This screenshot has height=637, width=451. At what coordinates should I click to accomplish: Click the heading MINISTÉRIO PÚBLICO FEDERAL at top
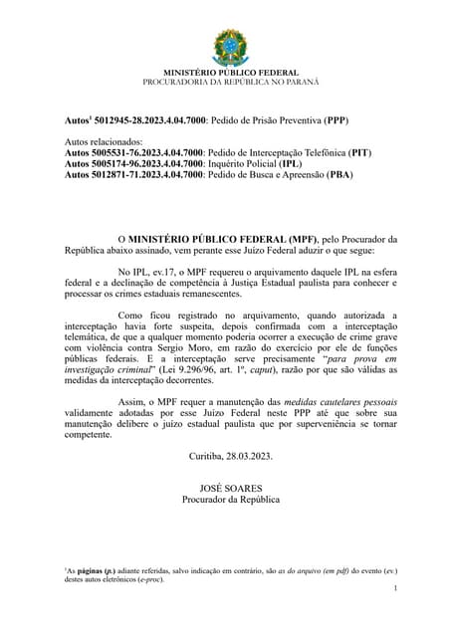[x=225, y=73]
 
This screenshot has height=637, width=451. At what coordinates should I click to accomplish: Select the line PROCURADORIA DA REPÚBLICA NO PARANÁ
[x=225, y=82]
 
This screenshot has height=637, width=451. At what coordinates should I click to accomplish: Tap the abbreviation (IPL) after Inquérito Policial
[x=290, y=163]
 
